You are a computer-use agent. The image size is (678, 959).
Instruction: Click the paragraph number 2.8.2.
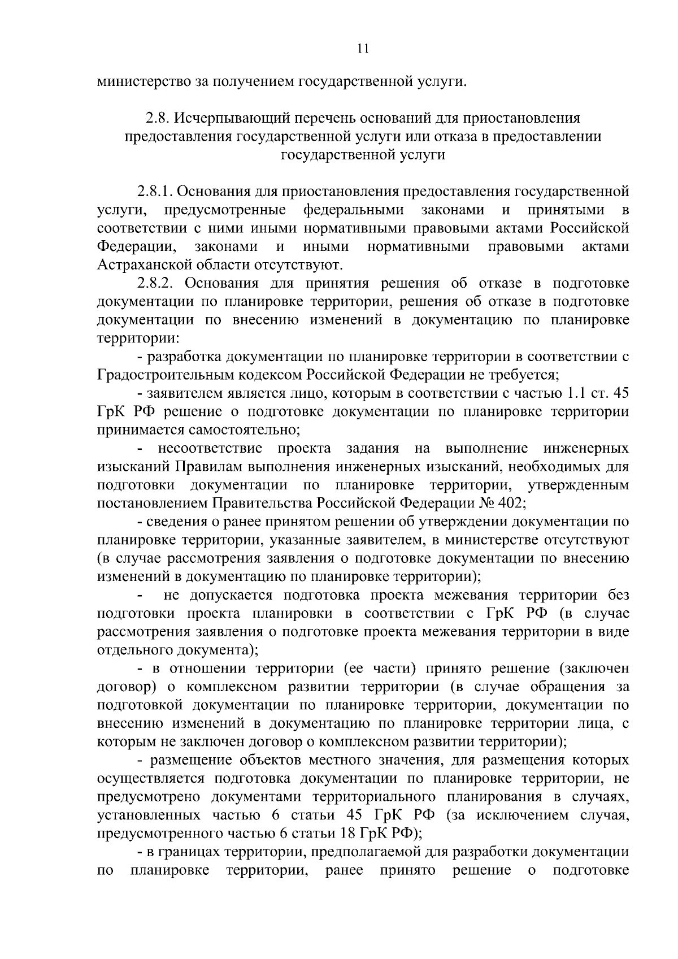tap(158, 283)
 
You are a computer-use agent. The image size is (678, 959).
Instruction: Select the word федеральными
tap(354, 210)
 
